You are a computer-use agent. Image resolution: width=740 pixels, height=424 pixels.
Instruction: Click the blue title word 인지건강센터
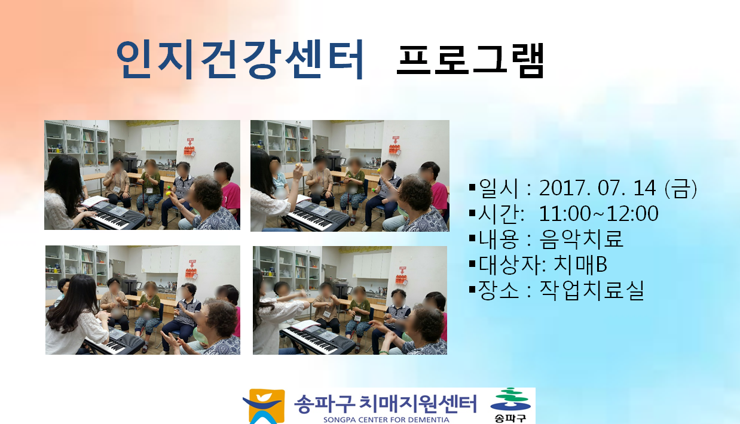coord(240,59)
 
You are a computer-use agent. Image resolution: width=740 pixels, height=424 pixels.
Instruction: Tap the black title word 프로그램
coord(470,61)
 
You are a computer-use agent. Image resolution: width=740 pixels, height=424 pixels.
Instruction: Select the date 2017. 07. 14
coord(597,188)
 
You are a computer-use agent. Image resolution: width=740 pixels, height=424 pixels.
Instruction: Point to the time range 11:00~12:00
coord(598,213)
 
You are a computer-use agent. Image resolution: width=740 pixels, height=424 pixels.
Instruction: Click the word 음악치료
coord(581,238)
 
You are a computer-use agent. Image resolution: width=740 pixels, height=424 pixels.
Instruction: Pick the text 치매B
coord(580,265)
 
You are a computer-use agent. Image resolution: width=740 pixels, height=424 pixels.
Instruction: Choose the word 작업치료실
coord(592,290)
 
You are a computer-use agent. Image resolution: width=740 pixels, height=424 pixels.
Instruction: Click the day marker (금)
coord(681,188)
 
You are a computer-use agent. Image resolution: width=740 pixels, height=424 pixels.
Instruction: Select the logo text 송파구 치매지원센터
coord(386,404)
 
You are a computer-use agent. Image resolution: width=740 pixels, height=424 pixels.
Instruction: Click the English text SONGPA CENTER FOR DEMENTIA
coord(386,420)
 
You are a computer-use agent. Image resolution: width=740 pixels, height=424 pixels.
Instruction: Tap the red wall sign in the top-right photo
coord(395,146)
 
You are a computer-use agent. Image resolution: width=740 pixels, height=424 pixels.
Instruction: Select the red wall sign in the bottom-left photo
coord(191,269)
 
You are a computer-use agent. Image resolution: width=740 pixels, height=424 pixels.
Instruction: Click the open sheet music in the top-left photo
coord(95,201)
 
